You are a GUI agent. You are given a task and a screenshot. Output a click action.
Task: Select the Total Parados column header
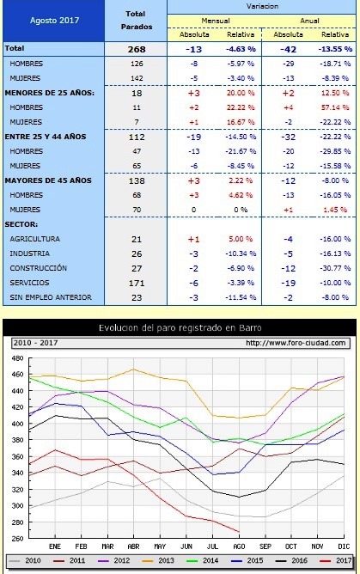136,20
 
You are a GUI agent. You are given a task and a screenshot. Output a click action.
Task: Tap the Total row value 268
136,49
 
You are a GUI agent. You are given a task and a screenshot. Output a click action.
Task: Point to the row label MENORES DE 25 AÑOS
50,92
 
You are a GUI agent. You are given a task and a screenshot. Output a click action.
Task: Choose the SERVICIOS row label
32,282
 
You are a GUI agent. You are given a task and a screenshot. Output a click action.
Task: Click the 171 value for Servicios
136,282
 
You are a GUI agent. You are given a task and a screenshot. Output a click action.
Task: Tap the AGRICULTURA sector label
35,240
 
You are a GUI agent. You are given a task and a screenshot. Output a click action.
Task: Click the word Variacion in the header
263,5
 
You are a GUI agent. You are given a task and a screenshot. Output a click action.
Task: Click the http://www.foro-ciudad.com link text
296,343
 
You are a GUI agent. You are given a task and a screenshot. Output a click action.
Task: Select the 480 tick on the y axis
17,357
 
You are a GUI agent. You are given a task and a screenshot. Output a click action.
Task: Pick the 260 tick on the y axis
17,538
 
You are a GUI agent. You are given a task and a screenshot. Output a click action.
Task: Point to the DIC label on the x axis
344,546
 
